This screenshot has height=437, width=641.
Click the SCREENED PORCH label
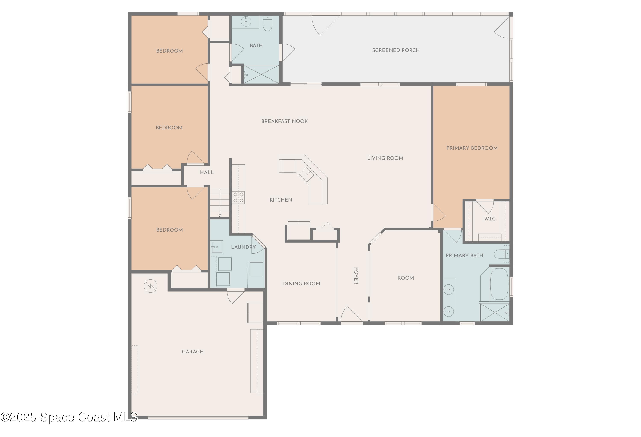pos(395,50)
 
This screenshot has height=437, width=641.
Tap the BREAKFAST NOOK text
pos(284,121)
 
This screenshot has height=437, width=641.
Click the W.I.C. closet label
pos(490,219)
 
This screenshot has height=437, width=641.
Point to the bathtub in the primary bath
pos(499,284)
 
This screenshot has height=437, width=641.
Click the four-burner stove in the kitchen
pos(238,197)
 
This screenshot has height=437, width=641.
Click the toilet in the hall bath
pos(267,23)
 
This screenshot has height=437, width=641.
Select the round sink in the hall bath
pos(246,21)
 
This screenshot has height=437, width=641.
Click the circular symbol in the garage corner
pos(151,286)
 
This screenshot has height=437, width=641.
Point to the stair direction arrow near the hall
pos(220,215)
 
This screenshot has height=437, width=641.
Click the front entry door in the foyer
pos(351,315)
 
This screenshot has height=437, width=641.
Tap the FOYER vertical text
pos(356,276)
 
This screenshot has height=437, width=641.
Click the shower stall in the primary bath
pos(495,312)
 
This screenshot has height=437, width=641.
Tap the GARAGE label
pos(192,352)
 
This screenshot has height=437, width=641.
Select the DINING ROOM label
pos(301,284)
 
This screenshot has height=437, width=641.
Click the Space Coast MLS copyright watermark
pos(69,417)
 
